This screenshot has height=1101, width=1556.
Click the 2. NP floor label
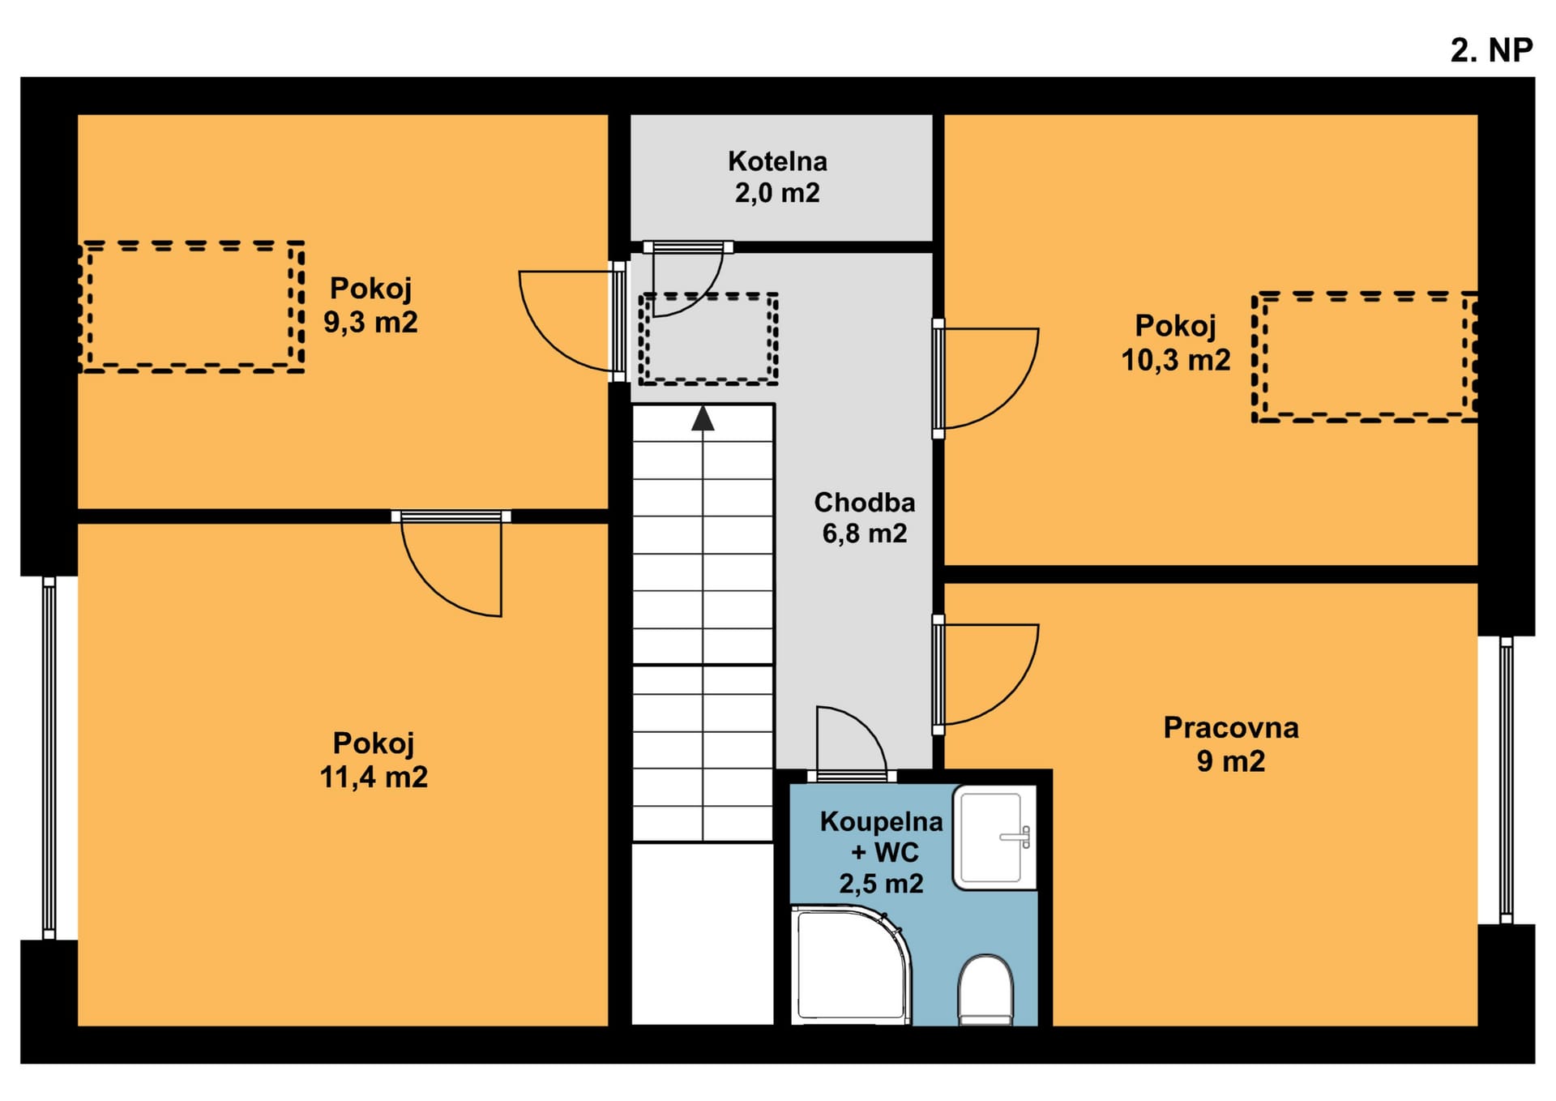1491,50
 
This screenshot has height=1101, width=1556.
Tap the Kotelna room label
777,161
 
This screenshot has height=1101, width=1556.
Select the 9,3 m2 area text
370,322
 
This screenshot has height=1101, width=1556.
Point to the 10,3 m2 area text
1175,359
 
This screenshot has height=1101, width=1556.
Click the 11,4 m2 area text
374,777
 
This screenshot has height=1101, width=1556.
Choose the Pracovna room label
1231,727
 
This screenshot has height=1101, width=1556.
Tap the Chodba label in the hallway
865,503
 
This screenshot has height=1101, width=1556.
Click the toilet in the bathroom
985,990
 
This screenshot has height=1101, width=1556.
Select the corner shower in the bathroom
851,965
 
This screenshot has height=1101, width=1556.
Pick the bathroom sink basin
994,838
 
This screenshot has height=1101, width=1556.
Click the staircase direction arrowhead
703,418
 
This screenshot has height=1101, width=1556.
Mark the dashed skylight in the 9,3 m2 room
192,306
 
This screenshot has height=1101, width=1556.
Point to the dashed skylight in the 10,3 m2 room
1365,357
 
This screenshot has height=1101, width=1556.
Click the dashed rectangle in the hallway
708,338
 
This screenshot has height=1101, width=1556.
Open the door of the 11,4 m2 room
451,563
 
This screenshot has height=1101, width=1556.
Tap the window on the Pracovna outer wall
1506,780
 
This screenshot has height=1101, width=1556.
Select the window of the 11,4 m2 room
49,758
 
